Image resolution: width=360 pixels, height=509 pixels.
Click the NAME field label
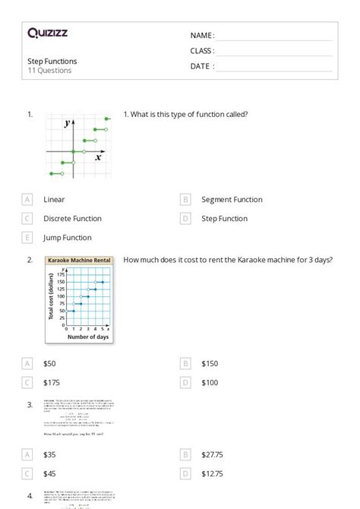[201, 35]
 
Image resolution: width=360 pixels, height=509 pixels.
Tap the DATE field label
[201, 66]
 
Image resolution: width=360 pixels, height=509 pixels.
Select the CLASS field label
[202, 51]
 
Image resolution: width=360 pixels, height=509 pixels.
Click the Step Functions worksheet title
[52, 61]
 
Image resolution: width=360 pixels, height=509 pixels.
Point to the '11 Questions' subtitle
[49, 71]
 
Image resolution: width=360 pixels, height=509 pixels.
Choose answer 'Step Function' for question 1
[224, 219]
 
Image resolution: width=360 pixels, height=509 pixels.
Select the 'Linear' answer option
[54, 200]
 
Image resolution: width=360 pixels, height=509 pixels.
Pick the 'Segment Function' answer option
[232, 200]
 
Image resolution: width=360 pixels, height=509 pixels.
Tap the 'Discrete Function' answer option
[72, 219]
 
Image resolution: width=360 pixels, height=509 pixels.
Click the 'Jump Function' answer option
[67, 238]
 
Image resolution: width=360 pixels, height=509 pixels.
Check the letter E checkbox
[28, 238]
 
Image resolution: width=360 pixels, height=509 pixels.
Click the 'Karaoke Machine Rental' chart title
[79, 261]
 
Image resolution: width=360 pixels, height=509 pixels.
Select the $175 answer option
[52, 383]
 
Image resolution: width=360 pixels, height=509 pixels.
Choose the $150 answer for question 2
[210, 364]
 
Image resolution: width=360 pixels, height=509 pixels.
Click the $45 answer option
[49, 473]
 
